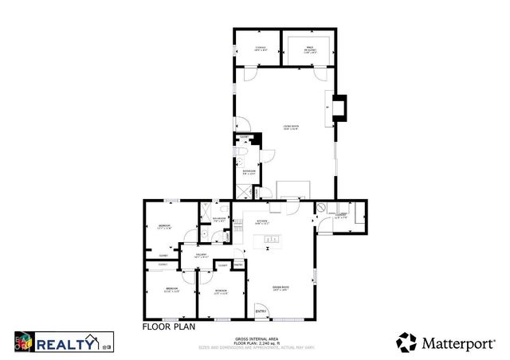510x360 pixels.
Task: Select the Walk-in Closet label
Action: coord(310,49)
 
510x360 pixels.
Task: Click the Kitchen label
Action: coord(263,224)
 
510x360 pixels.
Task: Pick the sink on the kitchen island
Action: coord(272,239)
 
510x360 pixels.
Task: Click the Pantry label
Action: coord(238,264)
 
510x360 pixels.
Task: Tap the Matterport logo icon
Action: coord(406,342)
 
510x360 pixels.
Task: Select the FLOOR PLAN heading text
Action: coord(167,327)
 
